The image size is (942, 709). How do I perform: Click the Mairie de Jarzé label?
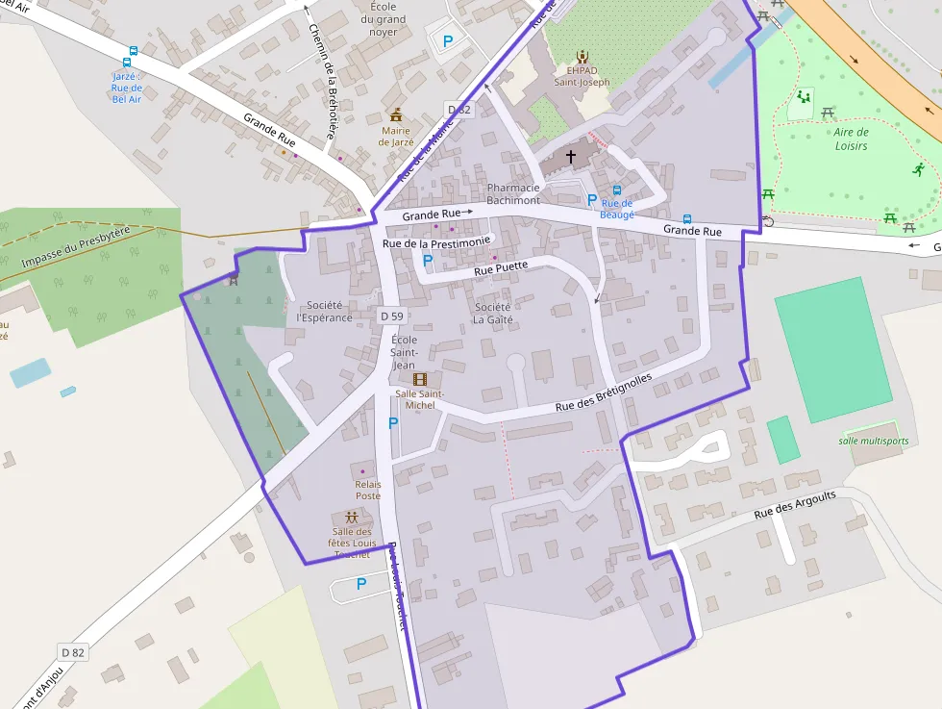coord(396,136)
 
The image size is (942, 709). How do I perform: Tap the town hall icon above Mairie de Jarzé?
coord(396,114)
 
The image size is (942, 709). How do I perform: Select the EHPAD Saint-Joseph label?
coord(582,76)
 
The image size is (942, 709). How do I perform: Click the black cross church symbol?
coord(570,155)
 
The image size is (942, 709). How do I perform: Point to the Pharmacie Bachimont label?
coord(513,193)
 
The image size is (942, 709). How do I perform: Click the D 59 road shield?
coord(391,316)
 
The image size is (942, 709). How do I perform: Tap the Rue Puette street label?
coord(501,268)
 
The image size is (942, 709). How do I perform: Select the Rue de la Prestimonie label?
coord(436,242)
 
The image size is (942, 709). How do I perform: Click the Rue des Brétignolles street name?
coord(604,393)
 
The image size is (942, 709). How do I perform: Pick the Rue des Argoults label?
coord(795,504)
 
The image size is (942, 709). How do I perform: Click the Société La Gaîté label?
coord(493,313)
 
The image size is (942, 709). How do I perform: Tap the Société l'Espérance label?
coord(325,312)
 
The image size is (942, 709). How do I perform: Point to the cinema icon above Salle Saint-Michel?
coord(420,379)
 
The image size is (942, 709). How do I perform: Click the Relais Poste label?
coord(368,490)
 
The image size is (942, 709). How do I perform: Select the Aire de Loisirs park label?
coord(851,139)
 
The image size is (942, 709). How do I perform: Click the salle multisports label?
coord(873,441)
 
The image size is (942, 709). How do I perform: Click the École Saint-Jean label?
coord(405,352)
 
